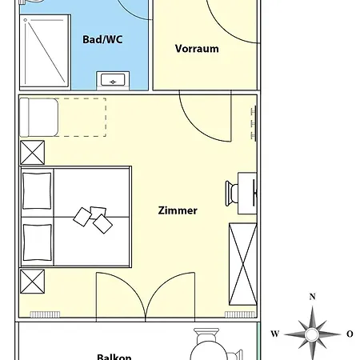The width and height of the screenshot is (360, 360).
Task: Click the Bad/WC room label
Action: point(102,40)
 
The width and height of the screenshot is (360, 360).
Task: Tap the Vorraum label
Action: point(197,49)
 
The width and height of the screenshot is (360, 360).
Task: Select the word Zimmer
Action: point(178,210)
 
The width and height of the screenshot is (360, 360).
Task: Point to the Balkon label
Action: point(114,357)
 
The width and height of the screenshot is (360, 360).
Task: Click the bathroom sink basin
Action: point(113,80)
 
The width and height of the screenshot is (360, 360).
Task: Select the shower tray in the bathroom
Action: point(45,51)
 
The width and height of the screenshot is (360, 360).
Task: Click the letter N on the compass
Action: point(312,297)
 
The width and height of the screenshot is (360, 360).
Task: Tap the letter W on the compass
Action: point(275,334)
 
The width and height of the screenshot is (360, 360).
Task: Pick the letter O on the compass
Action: point(350,334)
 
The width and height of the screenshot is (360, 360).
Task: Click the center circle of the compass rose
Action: point(312,334)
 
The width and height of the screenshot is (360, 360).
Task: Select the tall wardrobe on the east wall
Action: point(243,264)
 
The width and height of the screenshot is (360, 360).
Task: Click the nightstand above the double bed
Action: point(32,153)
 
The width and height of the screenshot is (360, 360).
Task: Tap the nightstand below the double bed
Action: point(32,282)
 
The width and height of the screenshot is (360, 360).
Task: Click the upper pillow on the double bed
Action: point(37,191)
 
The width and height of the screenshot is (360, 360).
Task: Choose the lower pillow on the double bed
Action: point(37,242)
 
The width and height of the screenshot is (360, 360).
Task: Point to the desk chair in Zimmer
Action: point(231,194)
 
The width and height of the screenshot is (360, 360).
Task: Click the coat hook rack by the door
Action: point(254,123)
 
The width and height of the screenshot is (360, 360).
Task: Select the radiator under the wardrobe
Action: point(240,314)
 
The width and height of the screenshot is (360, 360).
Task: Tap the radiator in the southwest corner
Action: point(45,314)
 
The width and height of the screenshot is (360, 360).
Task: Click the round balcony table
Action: point(209,352)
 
